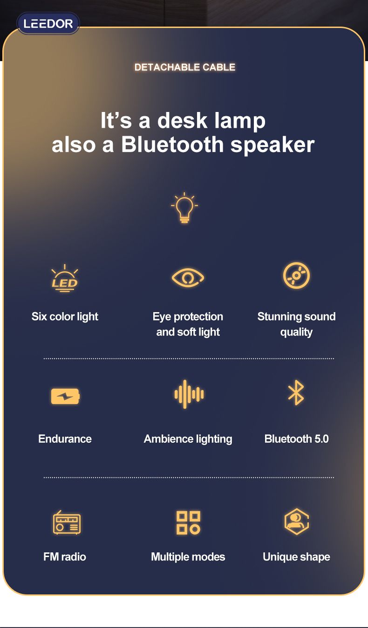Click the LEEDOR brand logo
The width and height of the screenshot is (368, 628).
(48, 23)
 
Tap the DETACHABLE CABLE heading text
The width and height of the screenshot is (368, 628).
(184, 67)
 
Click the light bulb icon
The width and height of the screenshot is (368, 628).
(184, 208)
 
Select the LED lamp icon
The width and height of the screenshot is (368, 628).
(65, 279)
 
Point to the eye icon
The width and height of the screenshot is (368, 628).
(188, 278)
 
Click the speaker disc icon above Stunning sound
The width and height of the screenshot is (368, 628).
(296, 276)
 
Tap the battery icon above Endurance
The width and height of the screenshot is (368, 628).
(65, 397)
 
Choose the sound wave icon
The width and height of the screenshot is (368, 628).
(189, 394)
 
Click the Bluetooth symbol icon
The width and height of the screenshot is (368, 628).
(296, 392)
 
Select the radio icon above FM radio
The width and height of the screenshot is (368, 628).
(67, 522)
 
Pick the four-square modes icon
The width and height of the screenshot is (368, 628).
(188, 522)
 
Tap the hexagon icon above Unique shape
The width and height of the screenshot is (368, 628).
(296, 521)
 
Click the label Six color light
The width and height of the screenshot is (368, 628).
(65, 317)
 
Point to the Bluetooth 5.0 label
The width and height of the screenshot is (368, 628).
(296, 439)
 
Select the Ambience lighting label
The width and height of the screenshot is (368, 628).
(188, 439)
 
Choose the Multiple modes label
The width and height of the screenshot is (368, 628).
(188, 557)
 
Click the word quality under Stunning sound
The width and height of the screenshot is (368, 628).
(296, 332)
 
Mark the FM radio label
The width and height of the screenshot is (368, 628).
(65, 557)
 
